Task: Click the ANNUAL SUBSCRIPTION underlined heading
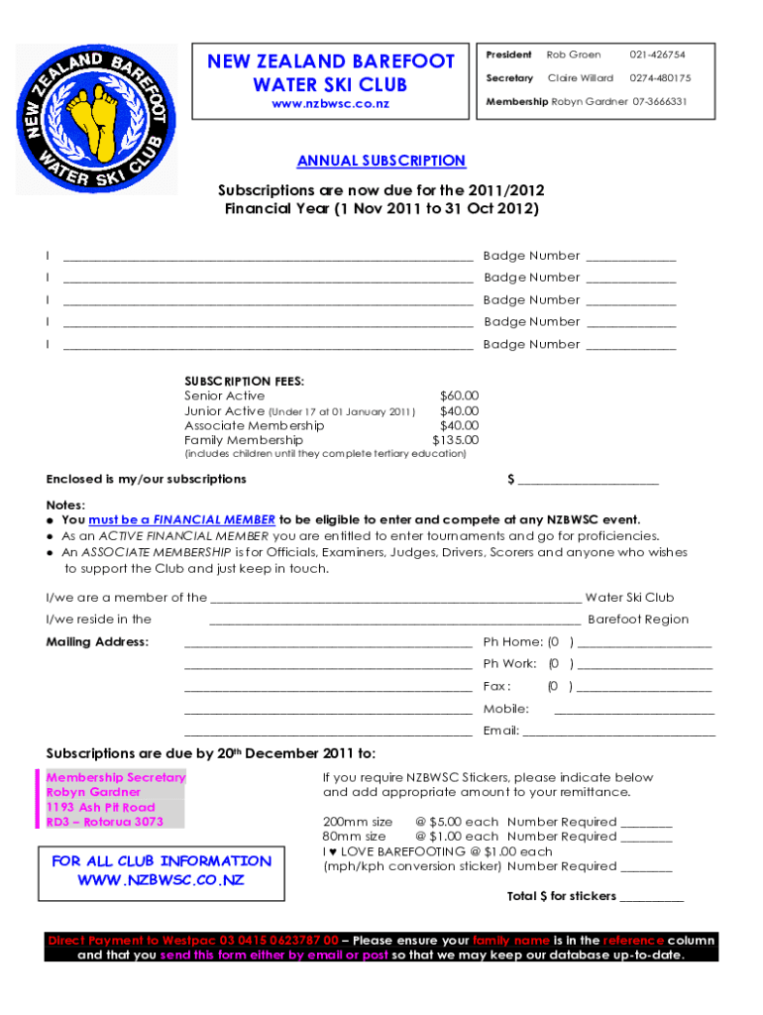[x=381, y=161]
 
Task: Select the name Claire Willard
[x=580, y=78]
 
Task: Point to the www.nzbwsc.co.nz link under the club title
[x=331, y=103]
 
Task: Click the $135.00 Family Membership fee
[x=456, y=440]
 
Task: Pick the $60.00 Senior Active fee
[x=459, y=395]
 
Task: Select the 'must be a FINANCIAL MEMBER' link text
[x=181, y=519]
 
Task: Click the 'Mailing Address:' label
[x=98, y=641]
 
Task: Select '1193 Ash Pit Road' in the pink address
[x=101, y=807]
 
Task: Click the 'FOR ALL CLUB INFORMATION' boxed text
[x=162, y=861]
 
